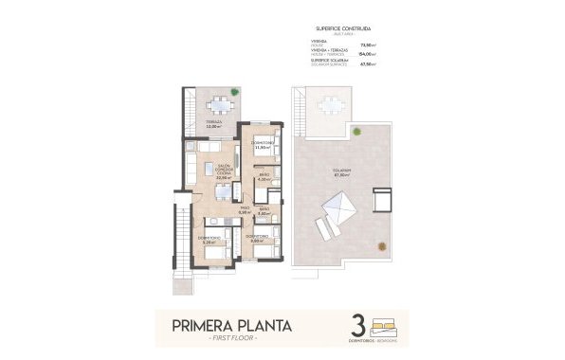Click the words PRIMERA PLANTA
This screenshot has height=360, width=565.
pos(231,327)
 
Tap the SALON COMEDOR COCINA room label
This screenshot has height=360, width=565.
pos(224,170)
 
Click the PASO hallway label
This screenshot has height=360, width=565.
pos(244,211)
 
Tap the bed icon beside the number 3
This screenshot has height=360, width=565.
pos(387,323)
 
